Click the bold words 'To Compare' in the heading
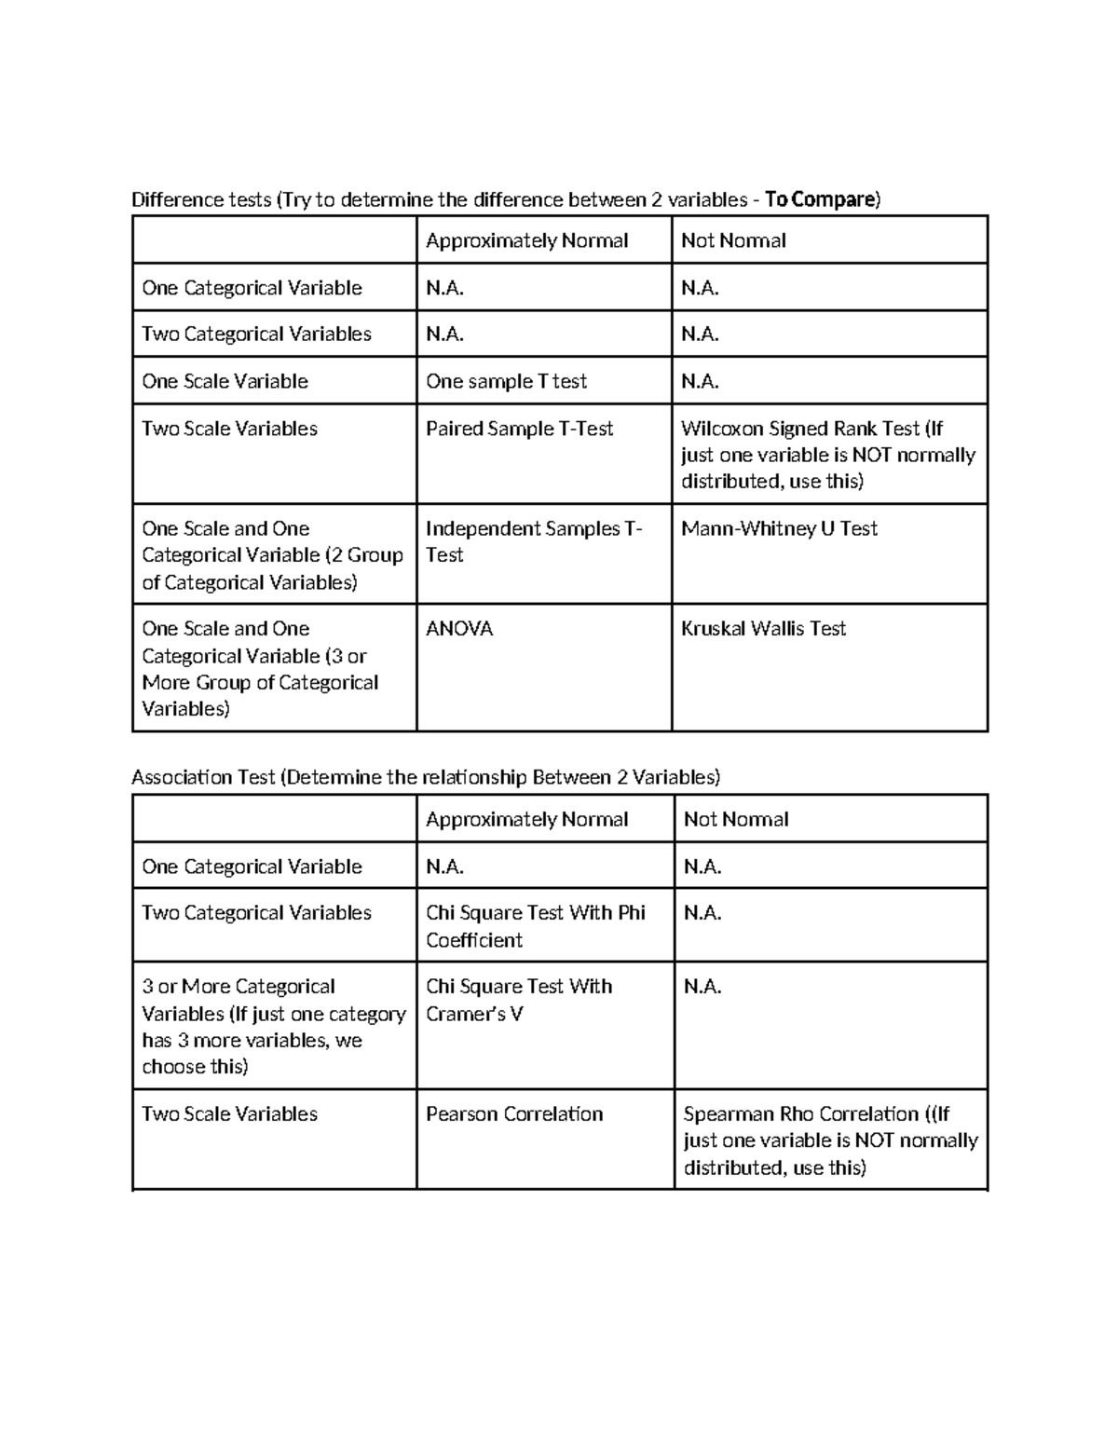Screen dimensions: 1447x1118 coord(819,199)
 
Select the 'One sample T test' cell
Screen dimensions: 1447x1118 coord(506,381)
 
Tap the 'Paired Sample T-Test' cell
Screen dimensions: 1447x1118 coord(519,429)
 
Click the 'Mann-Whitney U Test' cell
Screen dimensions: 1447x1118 coord(779,528)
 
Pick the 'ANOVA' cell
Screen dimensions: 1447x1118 coord(459,629)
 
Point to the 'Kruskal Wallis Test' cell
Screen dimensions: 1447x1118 coord(763,629)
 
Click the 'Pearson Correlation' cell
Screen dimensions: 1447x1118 coord(514,1114)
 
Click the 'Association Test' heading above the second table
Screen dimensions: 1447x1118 coord(425,777)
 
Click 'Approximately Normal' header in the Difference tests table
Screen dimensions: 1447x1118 coord(526,240)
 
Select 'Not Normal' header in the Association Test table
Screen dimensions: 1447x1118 coord(736,819)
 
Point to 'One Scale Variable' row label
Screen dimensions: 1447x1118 coord(225,381)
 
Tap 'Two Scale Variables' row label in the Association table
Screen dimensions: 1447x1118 coord(229,1114)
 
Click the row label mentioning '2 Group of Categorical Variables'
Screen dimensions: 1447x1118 coord(272,555)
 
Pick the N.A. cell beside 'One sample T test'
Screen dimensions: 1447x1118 coord(700,381)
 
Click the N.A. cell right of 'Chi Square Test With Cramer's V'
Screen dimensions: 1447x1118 coord(702,987)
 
